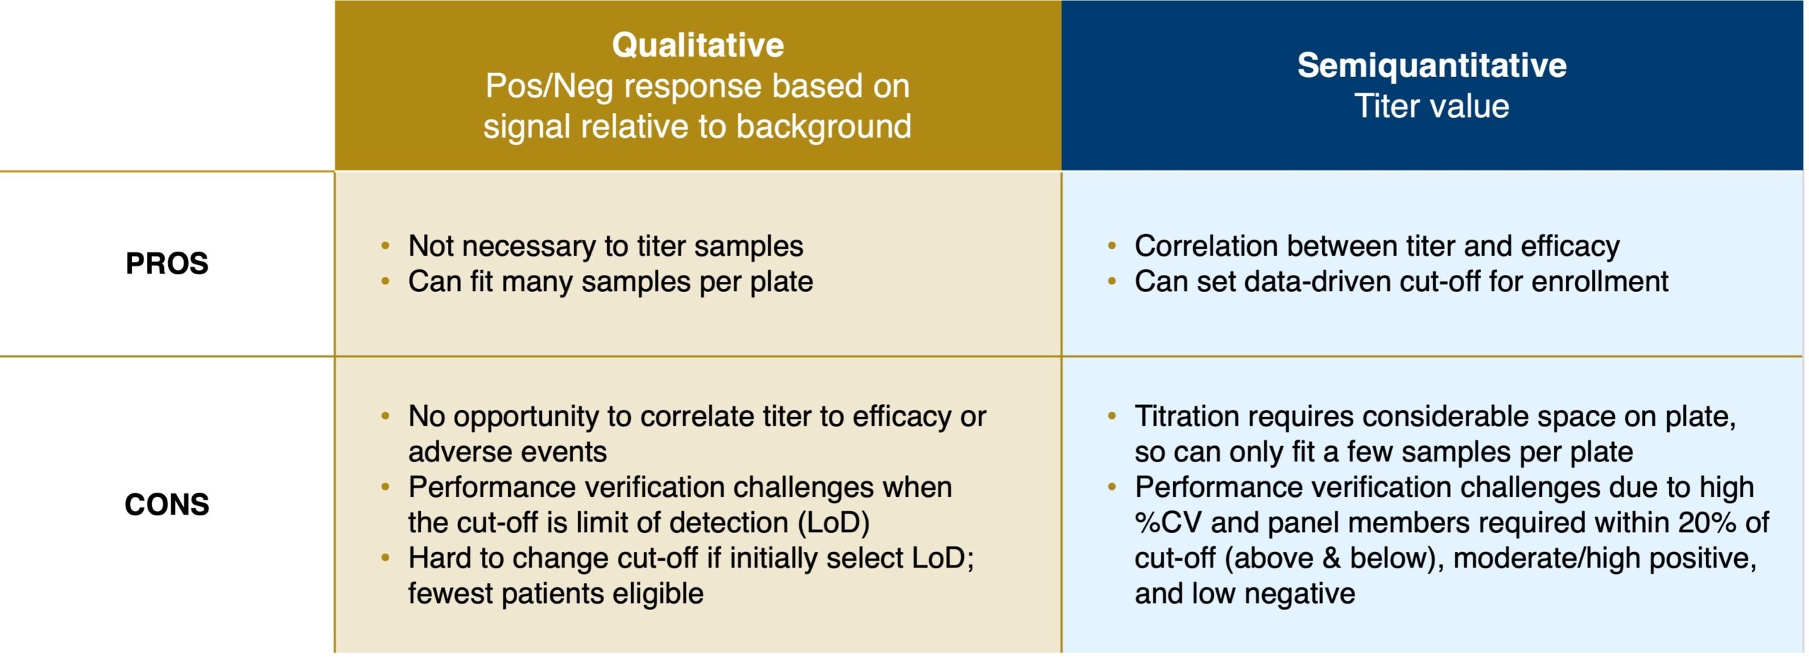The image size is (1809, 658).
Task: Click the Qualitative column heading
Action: click(x=697, y=45)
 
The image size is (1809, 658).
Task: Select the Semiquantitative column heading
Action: click(x=1432, y=65)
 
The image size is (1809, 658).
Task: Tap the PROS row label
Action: click(x=167, y=264)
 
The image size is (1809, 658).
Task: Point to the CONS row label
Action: click(x=167, y=505)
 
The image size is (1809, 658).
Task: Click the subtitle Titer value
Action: click(x=1432, y=106)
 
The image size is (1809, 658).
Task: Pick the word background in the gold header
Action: click(x=823, y=127)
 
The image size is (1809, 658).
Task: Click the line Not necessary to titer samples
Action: click(x=606, y=247)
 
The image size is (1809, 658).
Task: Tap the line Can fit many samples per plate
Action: click(x=611, y=282)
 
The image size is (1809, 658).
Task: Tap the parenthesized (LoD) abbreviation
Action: click(x=833, y=523)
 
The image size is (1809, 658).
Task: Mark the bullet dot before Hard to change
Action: click(x=385, y=558)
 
